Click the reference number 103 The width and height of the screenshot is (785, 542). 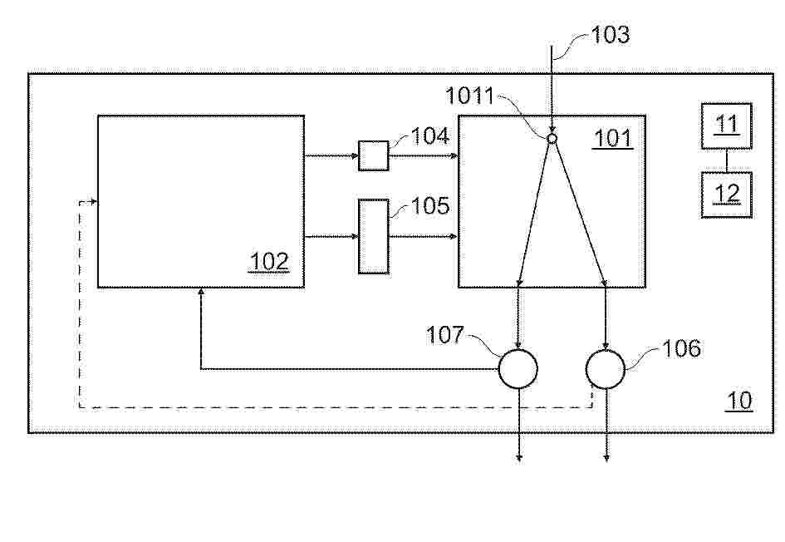point(611,35)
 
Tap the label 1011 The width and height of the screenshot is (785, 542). point(469,96)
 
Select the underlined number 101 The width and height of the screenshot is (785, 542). point(613,138)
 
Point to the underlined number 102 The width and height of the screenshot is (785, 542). point(269,262)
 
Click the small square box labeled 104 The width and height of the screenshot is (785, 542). point(374,155)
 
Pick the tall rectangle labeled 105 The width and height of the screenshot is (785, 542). point(374,236)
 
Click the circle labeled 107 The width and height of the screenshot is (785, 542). point(518,369)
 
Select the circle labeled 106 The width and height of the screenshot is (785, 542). point(606,369)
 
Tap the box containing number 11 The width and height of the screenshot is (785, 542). point(726,126)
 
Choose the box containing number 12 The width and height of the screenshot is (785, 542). point(726,195)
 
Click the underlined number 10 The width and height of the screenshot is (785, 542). point(739,401)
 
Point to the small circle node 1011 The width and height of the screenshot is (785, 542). point(552,138)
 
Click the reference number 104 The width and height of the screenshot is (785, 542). point(430,135)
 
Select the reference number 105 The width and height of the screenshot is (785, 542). point(430,206)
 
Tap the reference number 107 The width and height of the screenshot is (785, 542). point(445,335)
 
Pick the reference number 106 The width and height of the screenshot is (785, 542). point(681,348)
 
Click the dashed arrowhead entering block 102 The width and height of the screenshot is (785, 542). point(94,202)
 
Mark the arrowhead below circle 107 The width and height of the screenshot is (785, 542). point(519,458)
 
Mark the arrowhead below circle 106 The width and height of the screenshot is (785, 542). point(606,458)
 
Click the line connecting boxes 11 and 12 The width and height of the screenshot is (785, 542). point(727,160)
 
